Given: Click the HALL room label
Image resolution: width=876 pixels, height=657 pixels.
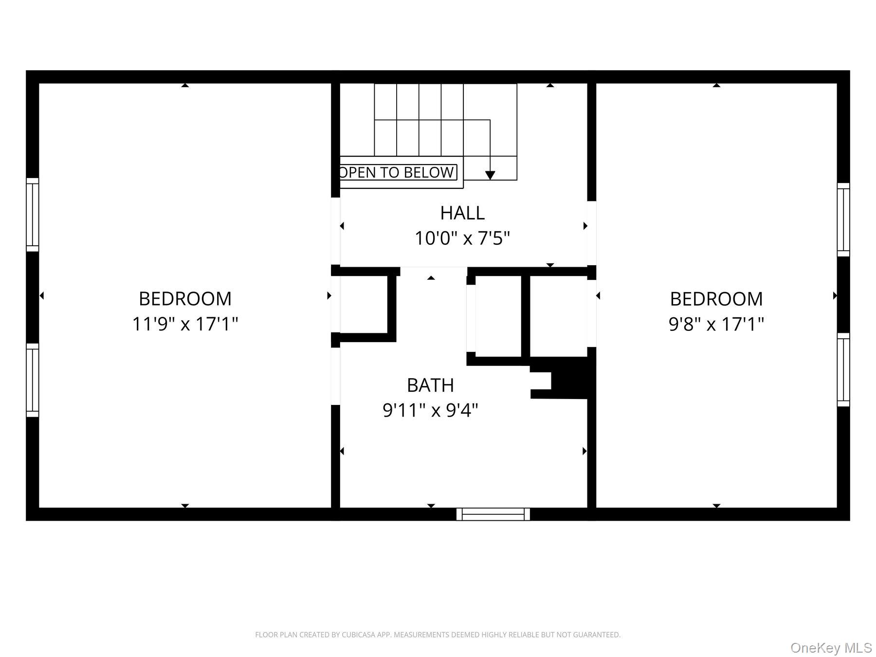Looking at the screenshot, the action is click(x=462, y=213).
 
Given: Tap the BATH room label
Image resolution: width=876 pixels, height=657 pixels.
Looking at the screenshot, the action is click(x=430, y=385).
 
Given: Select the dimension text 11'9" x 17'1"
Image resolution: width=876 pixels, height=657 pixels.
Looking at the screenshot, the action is click(x=185, y=324).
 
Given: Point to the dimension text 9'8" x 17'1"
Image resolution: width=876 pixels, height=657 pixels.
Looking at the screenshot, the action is click(x=716, y=324).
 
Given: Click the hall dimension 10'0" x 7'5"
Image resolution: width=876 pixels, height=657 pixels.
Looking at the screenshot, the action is click(x=462, y=238).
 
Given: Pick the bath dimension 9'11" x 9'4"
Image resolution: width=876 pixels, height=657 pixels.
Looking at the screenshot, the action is click(x=430, y=410).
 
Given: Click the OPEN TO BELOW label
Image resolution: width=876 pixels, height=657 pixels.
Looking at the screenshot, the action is click(x=398, y=172).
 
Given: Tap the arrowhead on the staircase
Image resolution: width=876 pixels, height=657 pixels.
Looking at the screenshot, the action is click(x=490, y=175).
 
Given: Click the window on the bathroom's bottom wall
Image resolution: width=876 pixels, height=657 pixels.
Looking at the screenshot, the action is click(x=493, y=514).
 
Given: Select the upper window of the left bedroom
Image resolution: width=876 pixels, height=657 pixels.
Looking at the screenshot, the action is click(x=32, y=215).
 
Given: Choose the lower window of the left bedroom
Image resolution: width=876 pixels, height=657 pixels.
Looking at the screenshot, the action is click(x=32, y=380).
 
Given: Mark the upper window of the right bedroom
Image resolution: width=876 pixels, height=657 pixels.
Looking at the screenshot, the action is click(x=843, y=219).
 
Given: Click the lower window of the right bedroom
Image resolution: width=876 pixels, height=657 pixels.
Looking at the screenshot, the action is click(x=843, y=370).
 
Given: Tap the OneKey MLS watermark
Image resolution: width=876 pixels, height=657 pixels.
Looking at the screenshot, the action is click(x=831, y=648).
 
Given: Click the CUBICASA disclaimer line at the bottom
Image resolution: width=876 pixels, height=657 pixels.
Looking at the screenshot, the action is click(x=438, y=635).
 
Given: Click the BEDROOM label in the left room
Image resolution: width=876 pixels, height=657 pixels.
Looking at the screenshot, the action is click(x=185, y=298).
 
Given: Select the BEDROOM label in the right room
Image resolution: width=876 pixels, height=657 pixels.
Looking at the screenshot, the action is click(x=716, y=298).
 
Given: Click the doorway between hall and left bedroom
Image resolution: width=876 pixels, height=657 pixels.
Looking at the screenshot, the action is click(x=335, y=231).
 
